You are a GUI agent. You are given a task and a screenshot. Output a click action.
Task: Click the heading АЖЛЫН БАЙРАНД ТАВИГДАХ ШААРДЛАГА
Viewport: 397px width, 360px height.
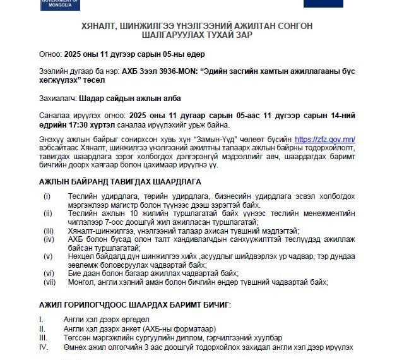121,182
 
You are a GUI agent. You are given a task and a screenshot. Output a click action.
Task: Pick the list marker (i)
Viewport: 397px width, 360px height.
47,196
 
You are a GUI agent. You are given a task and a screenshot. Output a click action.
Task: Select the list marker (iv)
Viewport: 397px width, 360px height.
49,239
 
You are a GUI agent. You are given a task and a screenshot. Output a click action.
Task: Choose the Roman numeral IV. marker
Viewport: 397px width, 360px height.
44,347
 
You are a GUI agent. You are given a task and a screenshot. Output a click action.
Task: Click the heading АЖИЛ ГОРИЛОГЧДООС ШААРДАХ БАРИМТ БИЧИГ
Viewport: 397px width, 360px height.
134,304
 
